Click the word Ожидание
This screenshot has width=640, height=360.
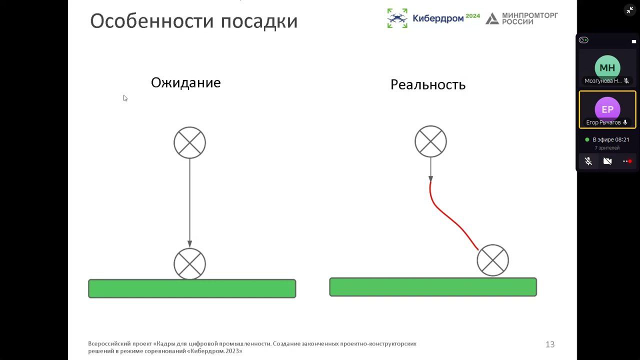click(185, 83)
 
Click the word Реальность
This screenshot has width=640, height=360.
click(428, 85)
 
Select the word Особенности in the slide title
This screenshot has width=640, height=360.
click(152, 21)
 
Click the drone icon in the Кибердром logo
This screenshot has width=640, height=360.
click(397, 18)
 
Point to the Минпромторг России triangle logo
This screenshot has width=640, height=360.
click(492, 18)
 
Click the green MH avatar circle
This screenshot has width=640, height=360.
click(607, 67)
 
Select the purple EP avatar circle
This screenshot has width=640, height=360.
click(607, 109)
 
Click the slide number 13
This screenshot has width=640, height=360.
click(550, 344)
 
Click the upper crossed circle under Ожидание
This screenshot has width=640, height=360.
click(189, 142)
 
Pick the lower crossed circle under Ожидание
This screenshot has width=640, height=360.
click(189, 263)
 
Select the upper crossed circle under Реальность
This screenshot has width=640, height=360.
click(430, 141)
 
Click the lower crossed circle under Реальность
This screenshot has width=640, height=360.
click(492, 260)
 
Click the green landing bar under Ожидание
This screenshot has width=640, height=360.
click(192, 288)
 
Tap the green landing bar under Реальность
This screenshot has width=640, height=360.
click(433, 287)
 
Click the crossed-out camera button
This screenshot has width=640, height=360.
click(607, 161)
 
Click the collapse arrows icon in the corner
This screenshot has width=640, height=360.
click(629, 10)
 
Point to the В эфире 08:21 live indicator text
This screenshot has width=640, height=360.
click(610, 139)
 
